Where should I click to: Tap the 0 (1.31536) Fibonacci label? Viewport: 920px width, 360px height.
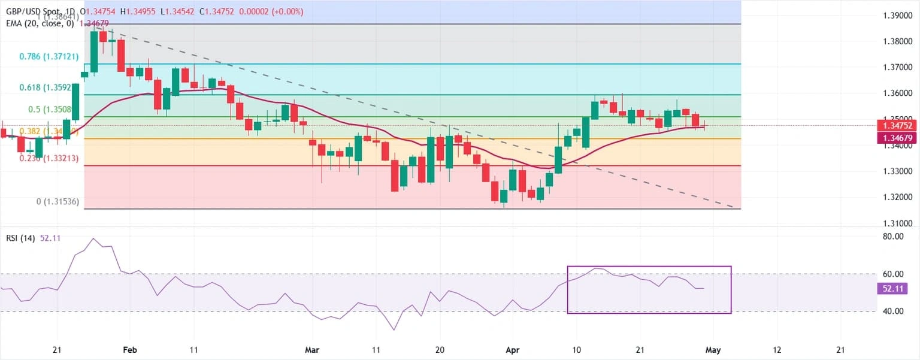57,202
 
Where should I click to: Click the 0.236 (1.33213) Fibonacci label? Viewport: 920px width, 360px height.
48,159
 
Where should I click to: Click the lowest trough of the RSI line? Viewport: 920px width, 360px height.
394,329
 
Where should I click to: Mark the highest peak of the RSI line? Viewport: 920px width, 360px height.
93,238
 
